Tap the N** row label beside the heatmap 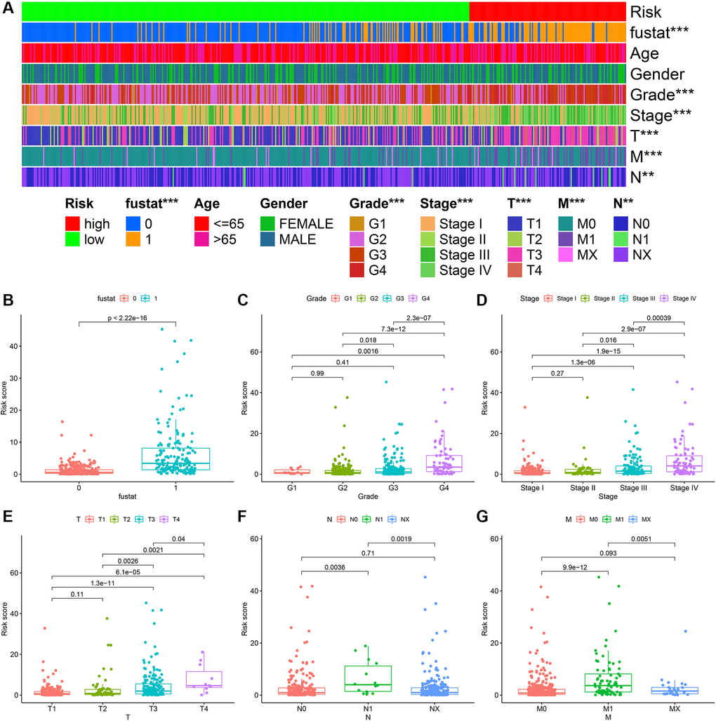point(642,176)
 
